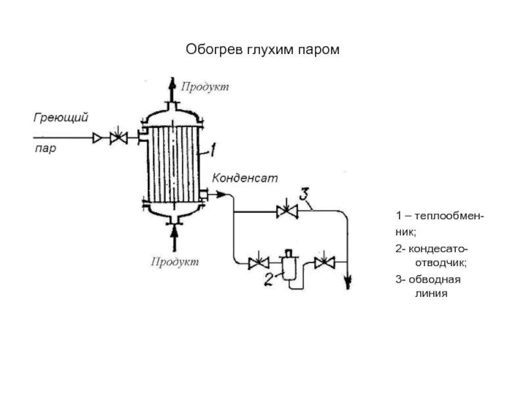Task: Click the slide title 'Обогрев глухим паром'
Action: (x=263, y=49)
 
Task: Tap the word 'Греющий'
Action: (x=61, y=117)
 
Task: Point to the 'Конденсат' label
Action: (x=245, y=178)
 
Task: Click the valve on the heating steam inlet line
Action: (x=118, y=138)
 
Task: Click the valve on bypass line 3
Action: (x=287, y=211)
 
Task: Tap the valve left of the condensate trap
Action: (x=257, y=264)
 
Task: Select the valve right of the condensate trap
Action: (x=323, y=263)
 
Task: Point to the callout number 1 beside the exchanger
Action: (x=212, y=150)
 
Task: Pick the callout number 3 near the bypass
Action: (x=304, y=194)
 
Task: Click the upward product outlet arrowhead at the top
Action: (x=172, y=82)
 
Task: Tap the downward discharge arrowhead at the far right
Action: (x=348, y=283)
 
